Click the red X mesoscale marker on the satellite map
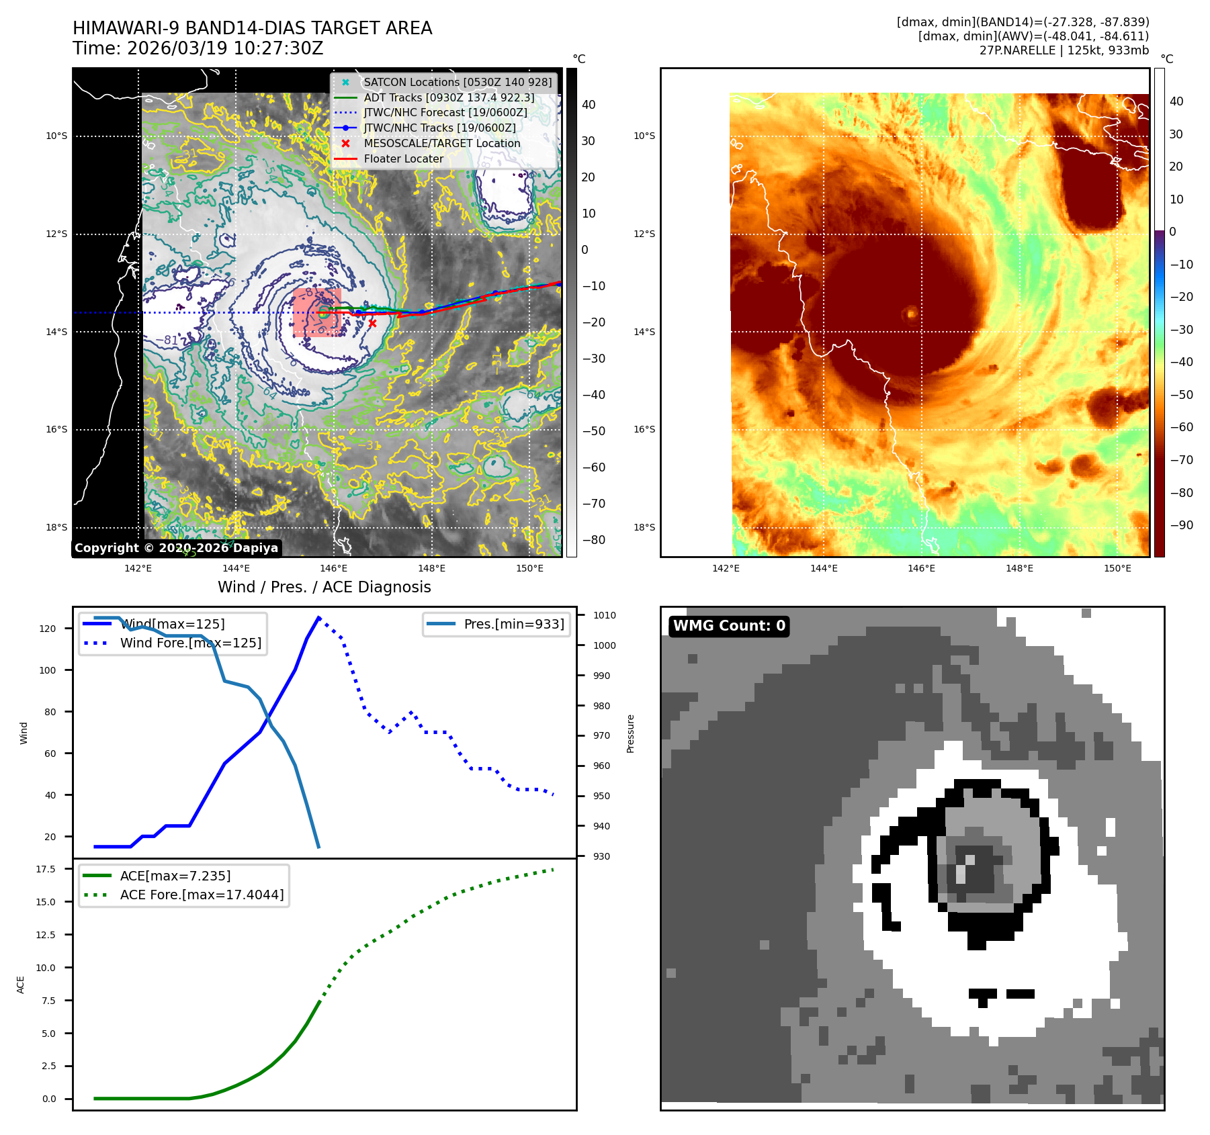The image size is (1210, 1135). point(372,323)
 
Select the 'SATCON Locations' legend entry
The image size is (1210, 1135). point(458,82)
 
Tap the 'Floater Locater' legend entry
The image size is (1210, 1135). point(403,158)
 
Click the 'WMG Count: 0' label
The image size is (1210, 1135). point(729,626)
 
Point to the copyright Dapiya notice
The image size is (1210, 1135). point(176,548)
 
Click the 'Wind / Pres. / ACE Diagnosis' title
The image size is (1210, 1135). point(324,587)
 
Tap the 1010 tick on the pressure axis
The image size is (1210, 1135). point(604,615)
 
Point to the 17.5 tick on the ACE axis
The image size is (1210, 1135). point(46,869)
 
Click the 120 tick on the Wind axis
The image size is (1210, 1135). point(48,629)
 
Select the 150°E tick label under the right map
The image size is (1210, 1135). point(1117,568)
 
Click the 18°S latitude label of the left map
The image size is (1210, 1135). point(56,527)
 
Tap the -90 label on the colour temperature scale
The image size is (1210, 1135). point(1181,525)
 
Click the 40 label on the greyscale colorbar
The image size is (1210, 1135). point(589,104)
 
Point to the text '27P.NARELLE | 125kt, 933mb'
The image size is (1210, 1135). point(1064,50)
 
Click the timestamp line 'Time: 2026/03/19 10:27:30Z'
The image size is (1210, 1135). point(198,48)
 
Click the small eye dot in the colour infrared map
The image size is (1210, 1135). point(912,313)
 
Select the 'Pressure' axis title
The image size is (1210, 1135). point(630,733)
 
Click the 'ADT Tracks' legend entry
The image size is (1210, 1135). point(449,97)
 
